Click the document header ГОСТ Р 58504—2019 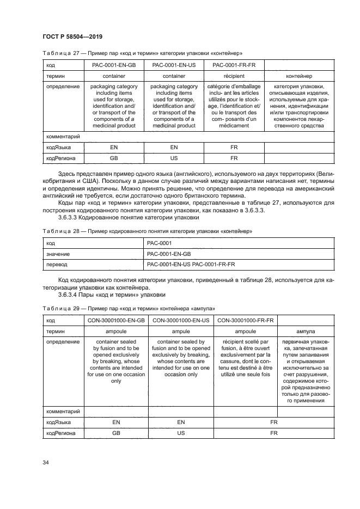(x=72, y=36)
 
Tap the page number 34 (x=46, y=462)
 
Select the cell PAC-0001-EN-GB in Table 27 (x=114, y=66)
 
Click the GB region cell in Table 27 (x=114, y=158)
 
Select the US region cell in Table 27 (x=174, y=158)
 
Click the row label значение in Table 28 (x=58, y=254)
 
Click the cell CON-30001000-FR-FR (x=245, y=320)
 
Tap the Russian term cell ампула (x=305, y=330)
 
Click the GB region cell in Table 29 (x=116, y=433)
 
